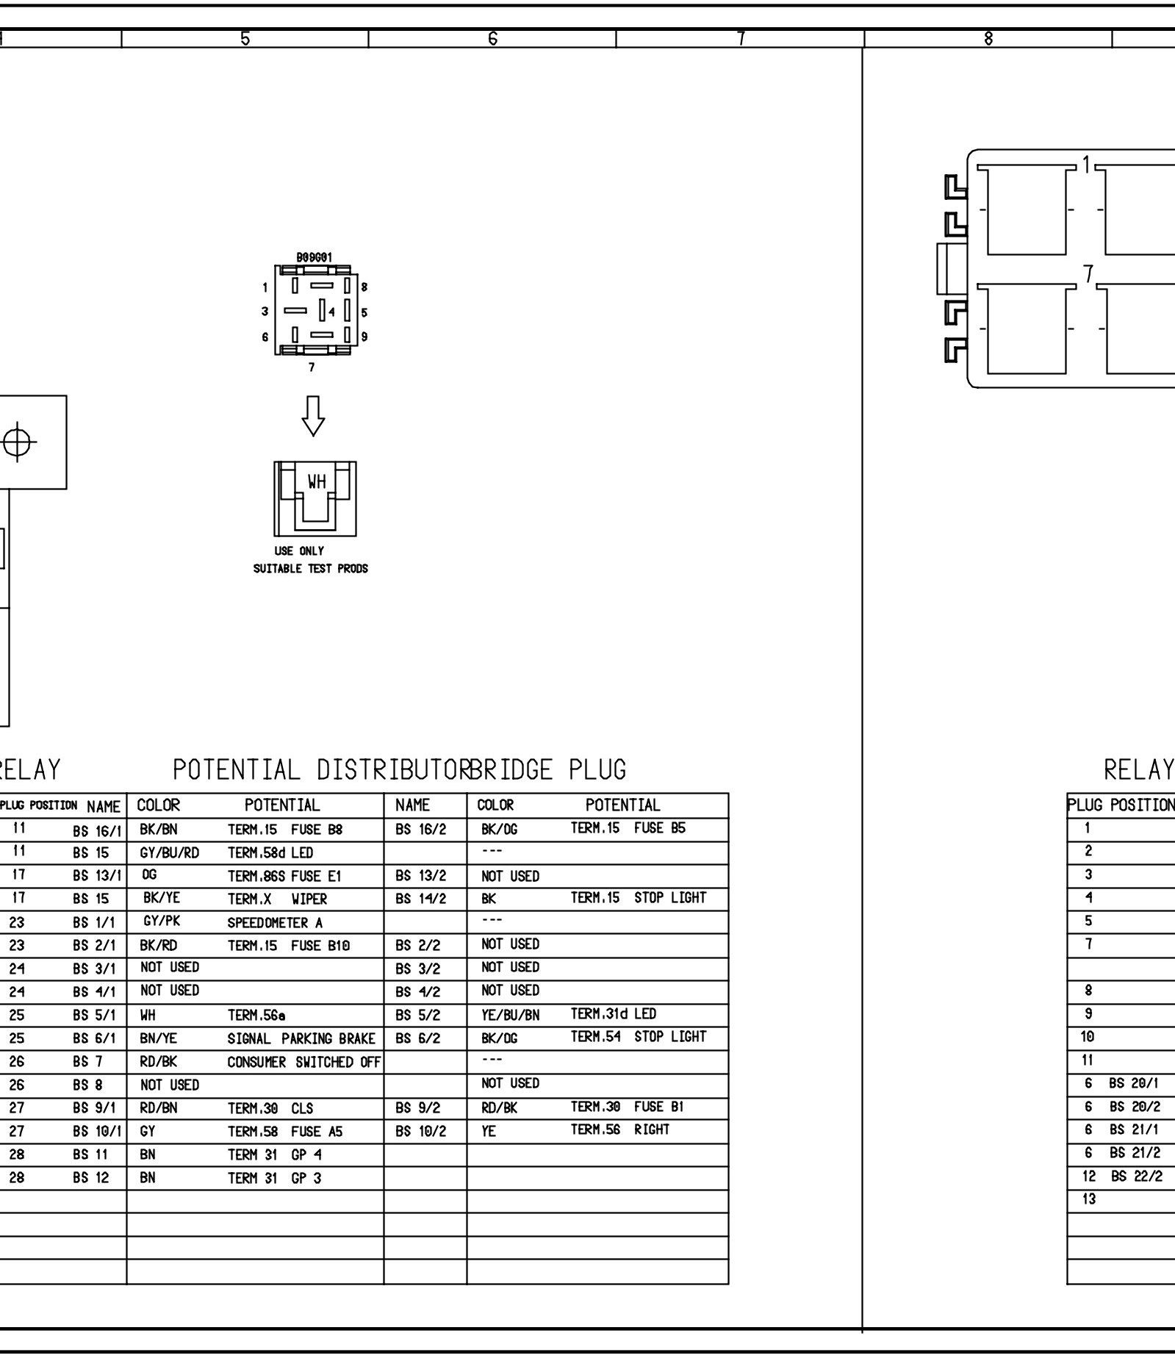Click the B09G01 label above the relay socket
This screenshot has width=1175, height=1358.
tap(314, 257)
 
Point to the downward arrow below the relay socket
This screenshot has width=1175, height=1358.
tap(314, 416)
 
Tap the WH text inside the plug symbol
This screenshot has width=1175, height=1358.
tap(317, 482)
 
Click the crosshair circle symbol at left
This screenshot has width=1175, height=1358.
tap(19, 442)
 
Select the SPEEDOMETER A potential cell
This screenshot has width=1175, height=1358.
tap(275, 922)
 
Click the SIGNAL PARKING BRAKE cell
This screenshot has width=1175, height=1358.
tap(301, 1038)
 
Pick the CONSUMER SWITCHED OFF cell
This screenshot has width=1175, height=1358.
tap(303, 1062)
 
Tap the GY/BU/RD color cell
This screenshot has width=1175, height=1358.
tap(169, 853)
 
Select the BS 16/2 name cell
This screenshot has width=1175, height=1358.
tap(420, 830)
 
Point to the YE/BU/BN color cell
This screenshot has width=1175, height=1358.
tap(510, 1015)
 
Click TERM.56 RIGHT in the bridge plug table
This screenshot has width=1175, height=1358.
tap(619, 1129)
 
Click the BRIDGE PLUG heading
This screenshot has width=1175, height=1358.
tap(547, 769)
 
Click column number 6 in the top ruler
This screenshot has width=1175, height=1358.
tap(492, 38)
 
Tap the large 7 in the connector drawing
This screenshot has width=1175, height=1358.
tap(1088, 274)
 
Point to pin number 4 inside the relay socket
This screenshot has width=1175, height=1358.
tap(331, 312)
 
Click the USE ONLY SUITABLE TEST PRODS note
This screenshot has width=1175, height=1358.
tap(310, 560)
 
